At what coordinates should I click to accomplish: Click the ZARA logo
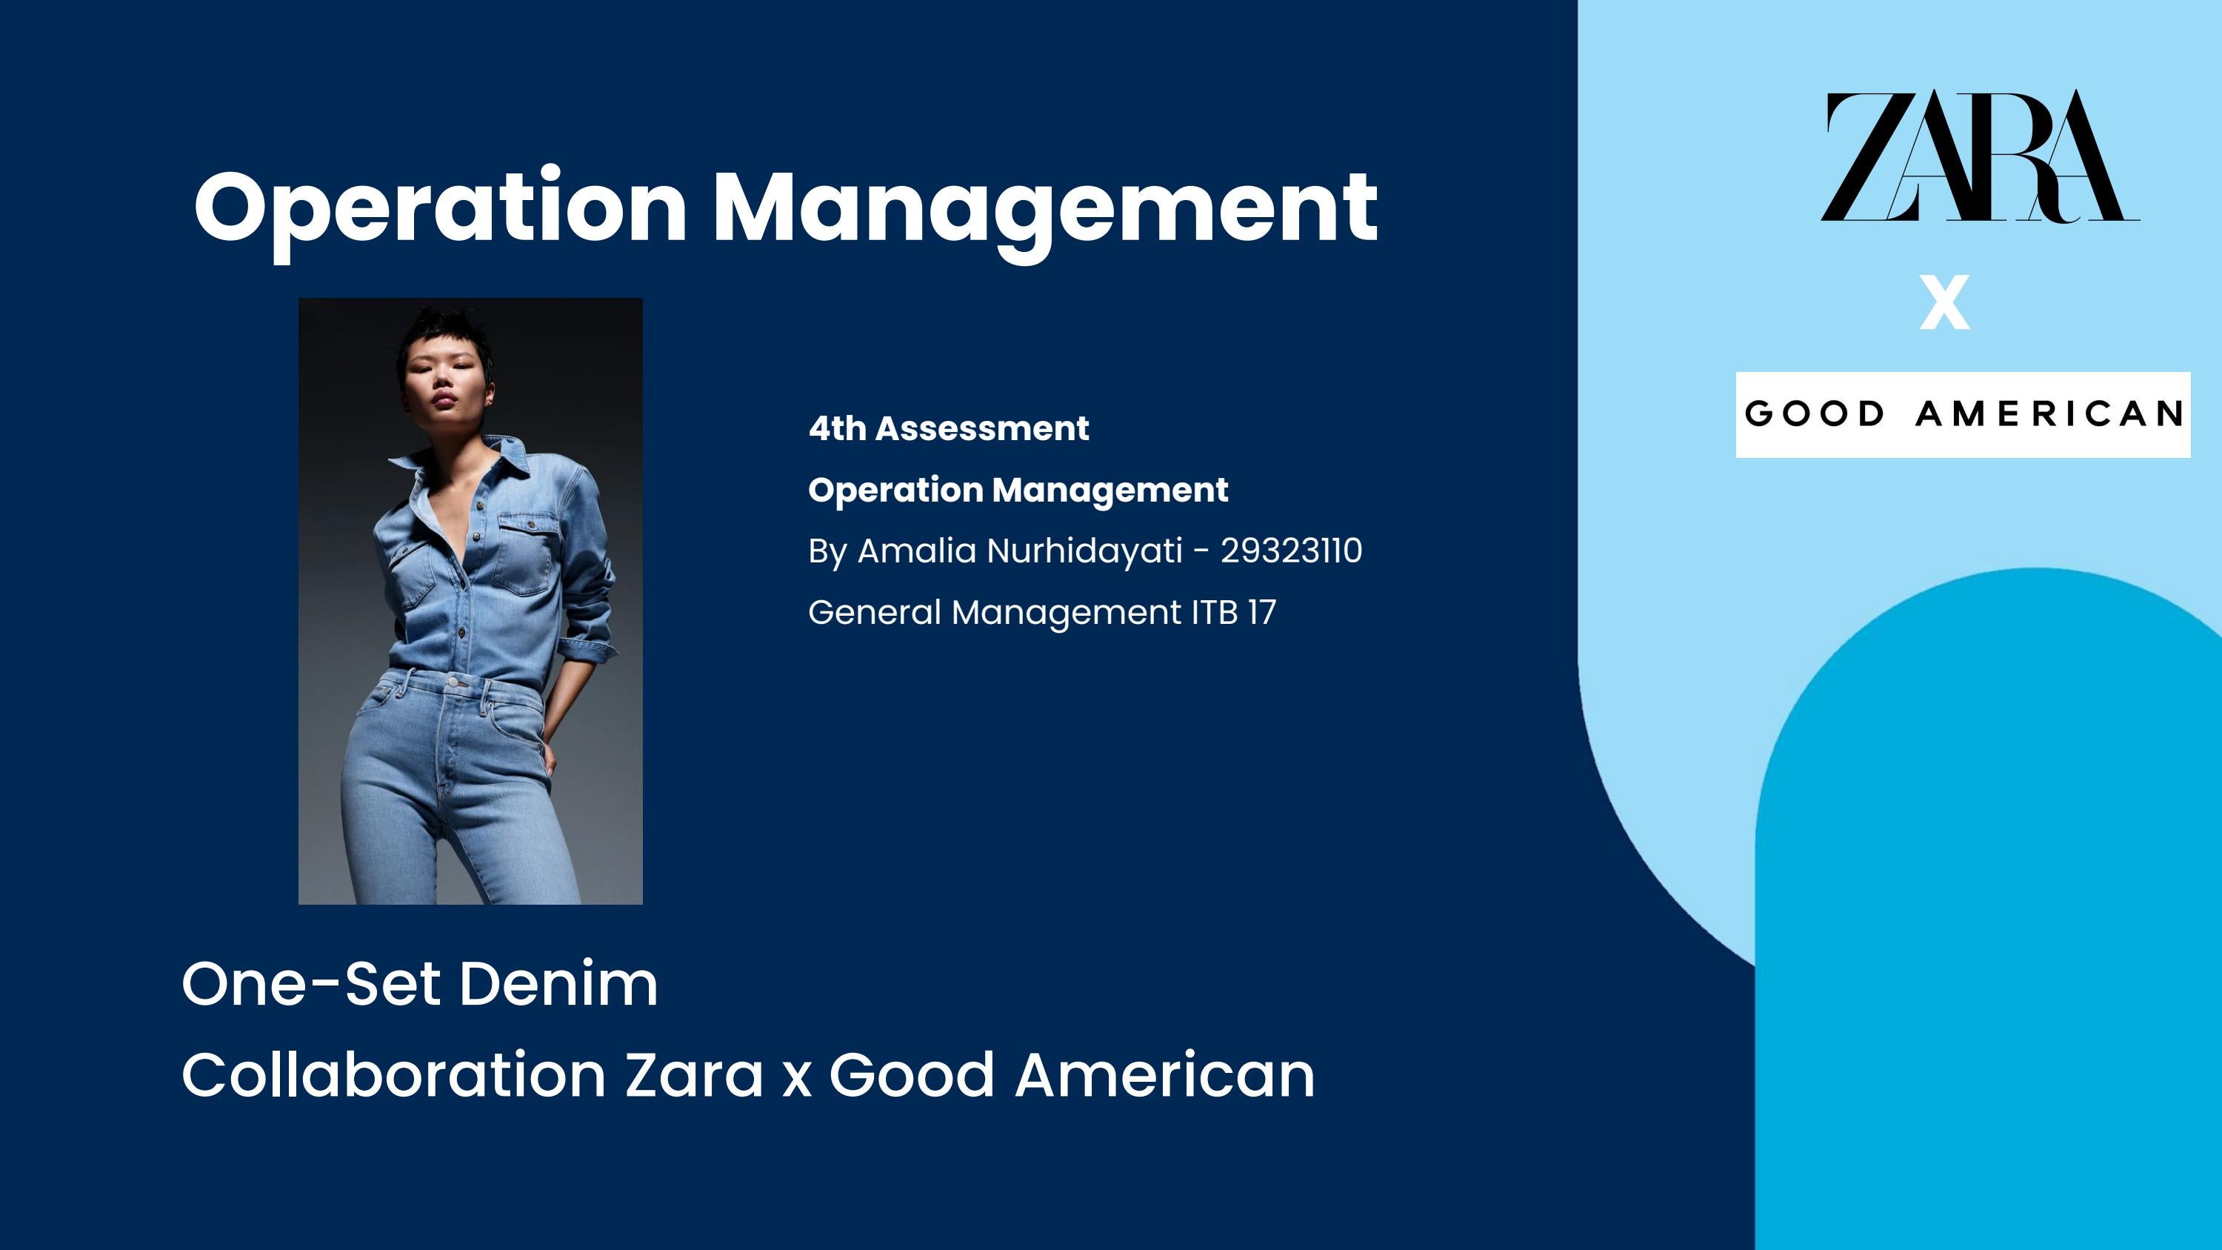pos(1979,156)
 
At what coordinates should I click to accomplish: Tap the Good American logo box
pos(1962,414)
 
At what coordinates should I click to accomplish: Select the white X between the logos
pos(1944,302)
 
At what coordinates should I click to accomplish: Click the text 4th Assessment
pos(948,429)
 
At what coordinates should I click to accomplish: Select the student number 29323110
pos(1290,551)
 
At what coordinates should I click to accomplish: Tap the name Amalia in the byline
pos(916,551)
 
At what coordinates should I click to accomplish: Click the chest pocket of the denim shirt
pos(524,552)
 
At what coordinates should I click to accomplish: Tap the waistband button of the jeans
pos(455,682)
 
